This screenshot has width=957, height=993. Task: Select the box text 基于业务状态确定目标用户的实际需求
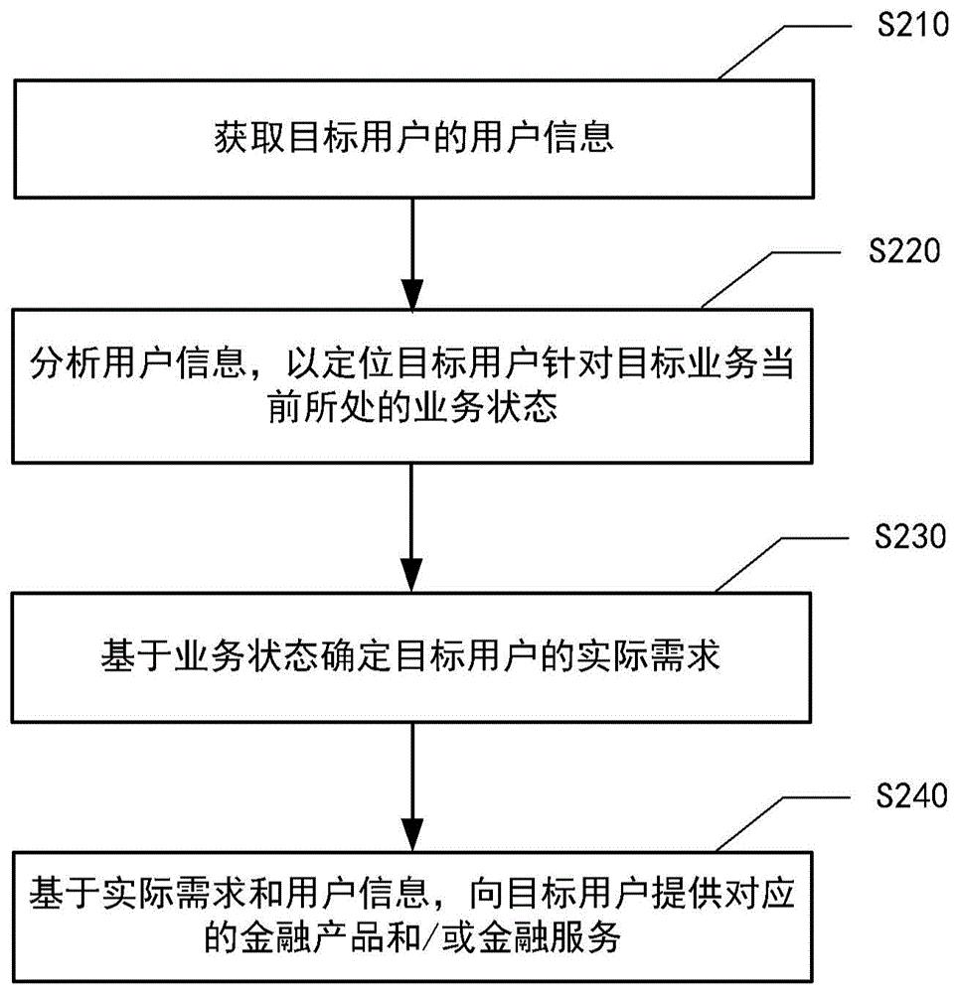pos(411,655)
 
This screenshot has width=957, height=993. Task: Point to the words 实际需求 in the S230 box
pos(671,655)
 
